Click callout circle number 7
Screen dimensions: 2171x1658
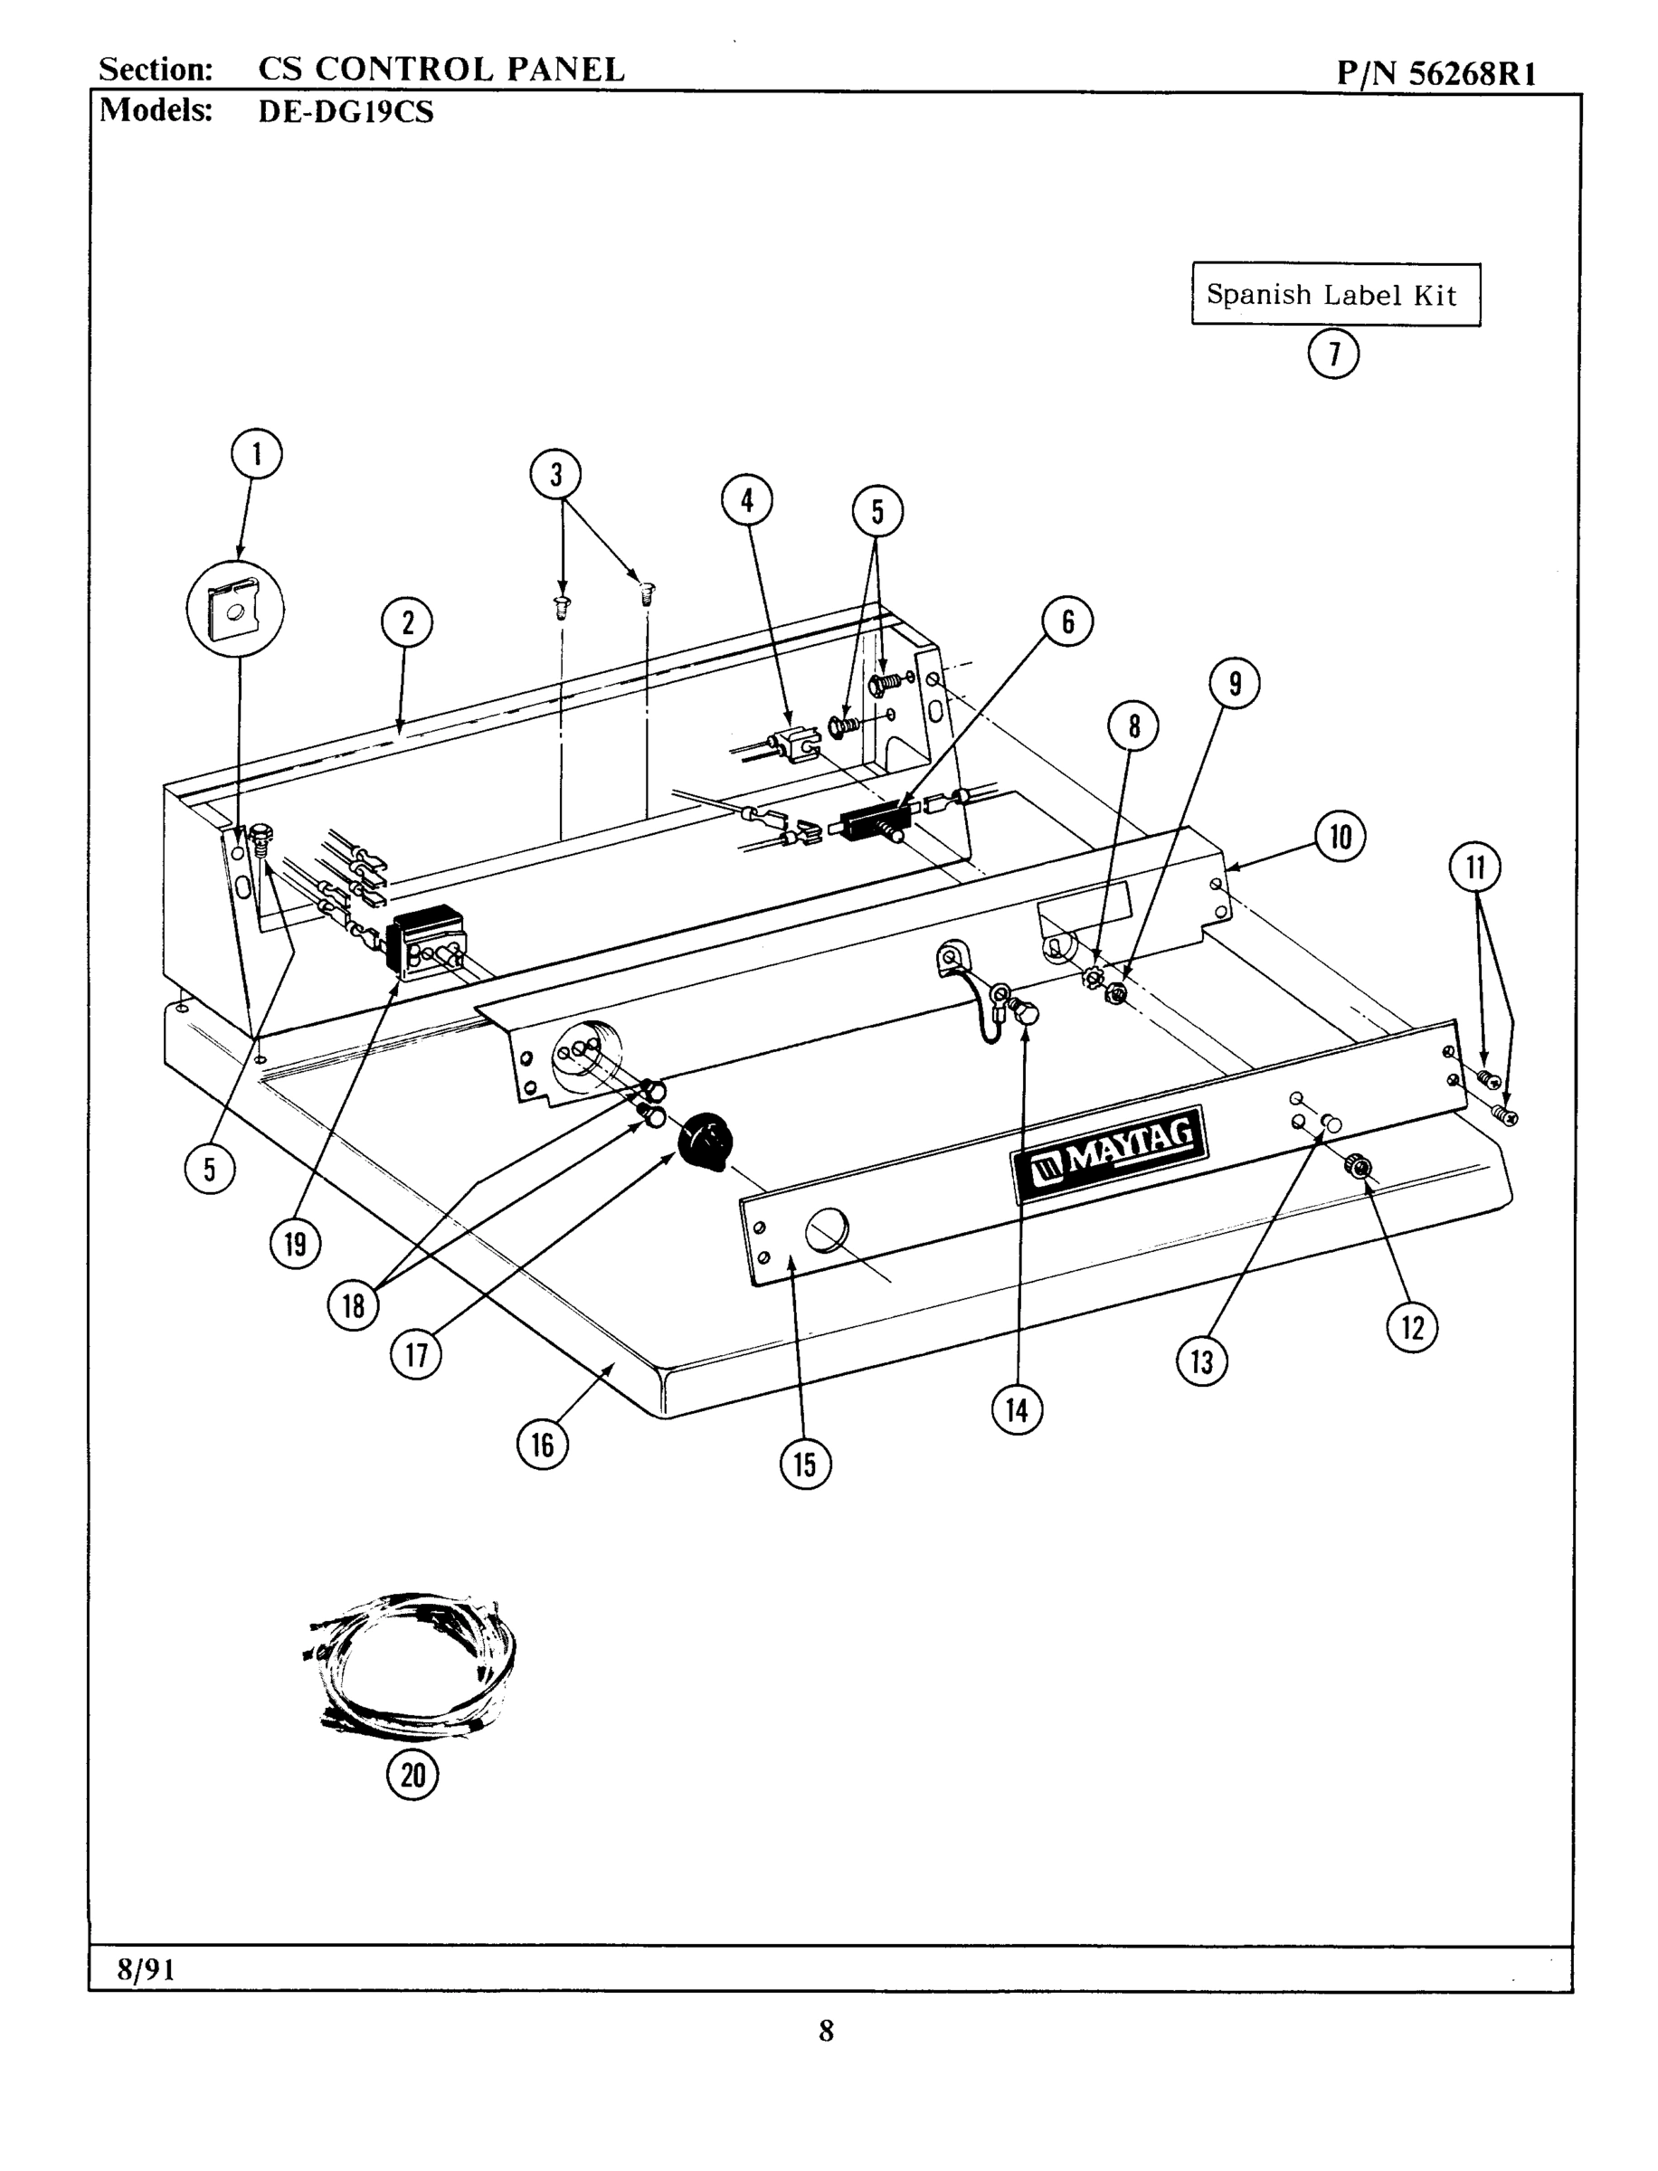(x=1333, y=354)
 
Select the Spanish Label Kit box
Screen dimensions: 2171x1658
(x=1335, y=294)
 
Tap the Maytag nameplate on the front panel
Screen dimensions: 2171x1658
(x=1110, y=1153)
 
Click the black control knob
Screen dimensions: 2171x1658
(x=706, y=1141)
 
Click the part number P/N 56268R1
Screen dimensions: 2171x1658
(x=1436, y=74)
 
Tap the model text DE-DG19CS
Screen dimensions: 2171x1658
(x=346, y=111)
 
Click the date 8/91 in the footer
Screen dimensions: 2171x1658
(x=146, y=1969)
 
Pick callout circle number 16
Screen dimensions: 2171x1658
(x=543, y=1445)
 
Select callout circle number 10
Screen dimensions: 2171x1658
(x=1341, y=837)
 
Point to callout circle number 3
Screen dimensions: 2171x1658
(x=555, y=475)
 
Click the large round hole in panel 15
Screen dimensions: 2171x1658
(x=827, y=1229)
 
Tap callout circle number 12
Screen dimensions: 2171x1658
(x=1412, y=1327)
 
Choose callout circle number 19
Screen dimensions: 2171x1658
(x=295, y=1244)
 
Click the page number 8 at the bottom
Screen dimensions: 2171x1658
(x=826, y=2030)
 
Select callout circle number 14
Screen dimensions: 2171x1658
(x=1017, y=1410)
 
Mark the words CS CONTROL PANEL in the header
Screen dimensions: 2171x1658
(x=441, y=70)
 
